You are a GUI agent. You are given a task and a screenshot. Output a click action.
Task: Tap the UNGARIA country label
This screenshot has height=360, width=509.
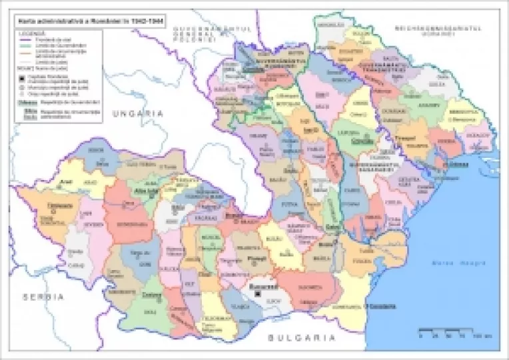point(137,114)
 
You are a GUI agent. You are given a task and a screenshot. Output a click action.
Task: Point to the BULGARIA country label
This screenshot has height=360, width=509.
point(298,338)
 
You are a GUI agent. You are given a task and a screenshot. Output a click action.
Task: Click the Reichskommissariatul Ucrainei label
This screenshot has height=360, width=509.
point(436,31)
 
